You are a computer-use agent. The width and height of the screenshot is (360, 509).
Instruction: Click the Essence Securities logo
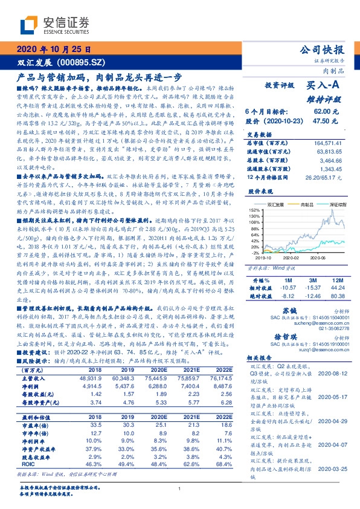point(54,25)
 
